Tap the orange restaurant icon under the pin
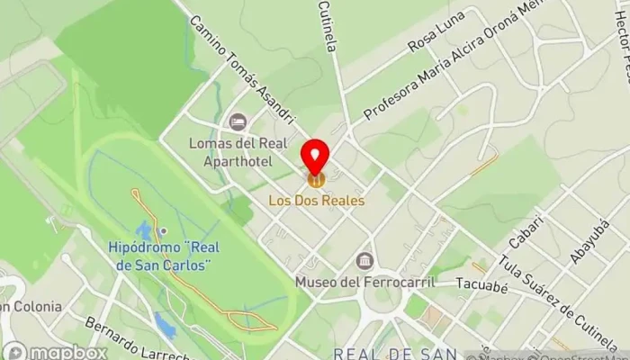tap(315, 180)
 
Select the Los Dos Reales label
tap(317, 200)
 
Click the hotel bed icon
tap(238, 121)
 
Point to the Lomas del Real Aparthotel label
tap(229, 151)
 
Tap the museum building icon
tap(364, 262)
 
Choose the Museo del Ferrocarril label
tap(364, 283)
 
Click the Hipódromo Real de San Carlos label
tap(159, 256)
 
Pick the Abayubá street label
tap(589, 240)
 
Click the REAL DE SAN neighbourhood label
tap(395, 353)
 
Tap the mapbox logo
tap(55, 351)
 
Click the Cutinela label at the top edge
tap(327, 25)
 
